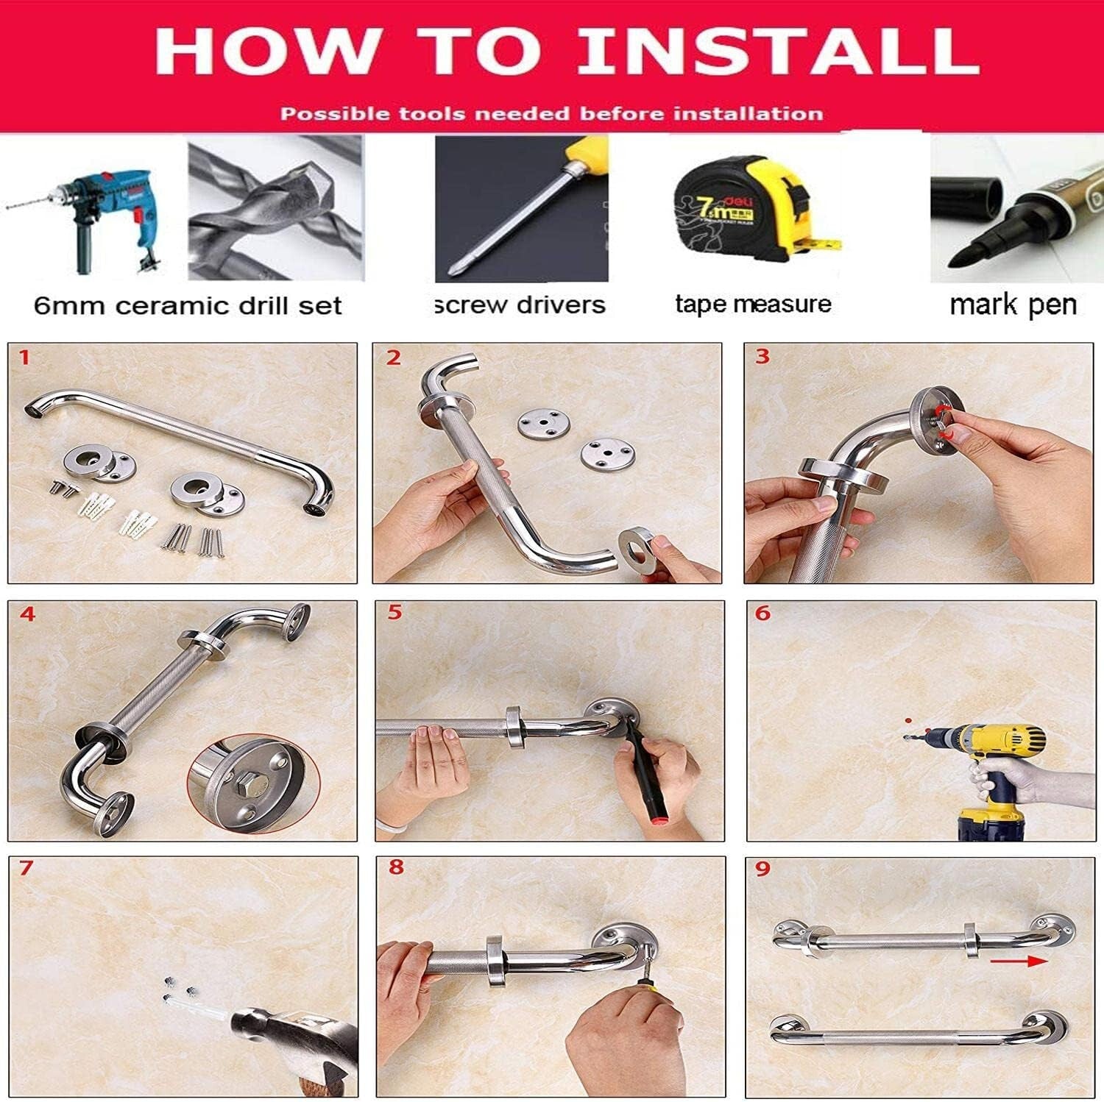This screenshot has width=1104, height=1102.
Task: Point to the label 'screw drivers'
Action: point(520,305)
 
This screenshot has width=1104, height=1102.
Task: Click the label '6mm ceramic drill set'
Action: point(188,305)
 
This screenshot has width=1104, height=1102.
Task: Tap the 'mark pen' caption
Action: point(1013,304)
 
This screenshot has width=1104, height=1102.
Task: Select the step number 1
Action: point(25,358)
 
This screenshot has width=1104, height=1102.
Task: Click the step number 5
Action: point(394,613)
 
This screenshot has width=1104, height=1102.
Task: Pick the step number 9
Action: point(762,869)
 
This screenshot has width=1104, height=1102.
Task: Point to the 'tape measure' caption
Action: point(753,304)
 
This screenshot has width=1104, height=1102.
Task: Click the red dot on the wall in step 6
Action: point(908,721)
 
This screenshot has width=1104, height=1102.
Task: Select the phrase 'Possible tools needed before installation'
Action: point(551,114)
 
